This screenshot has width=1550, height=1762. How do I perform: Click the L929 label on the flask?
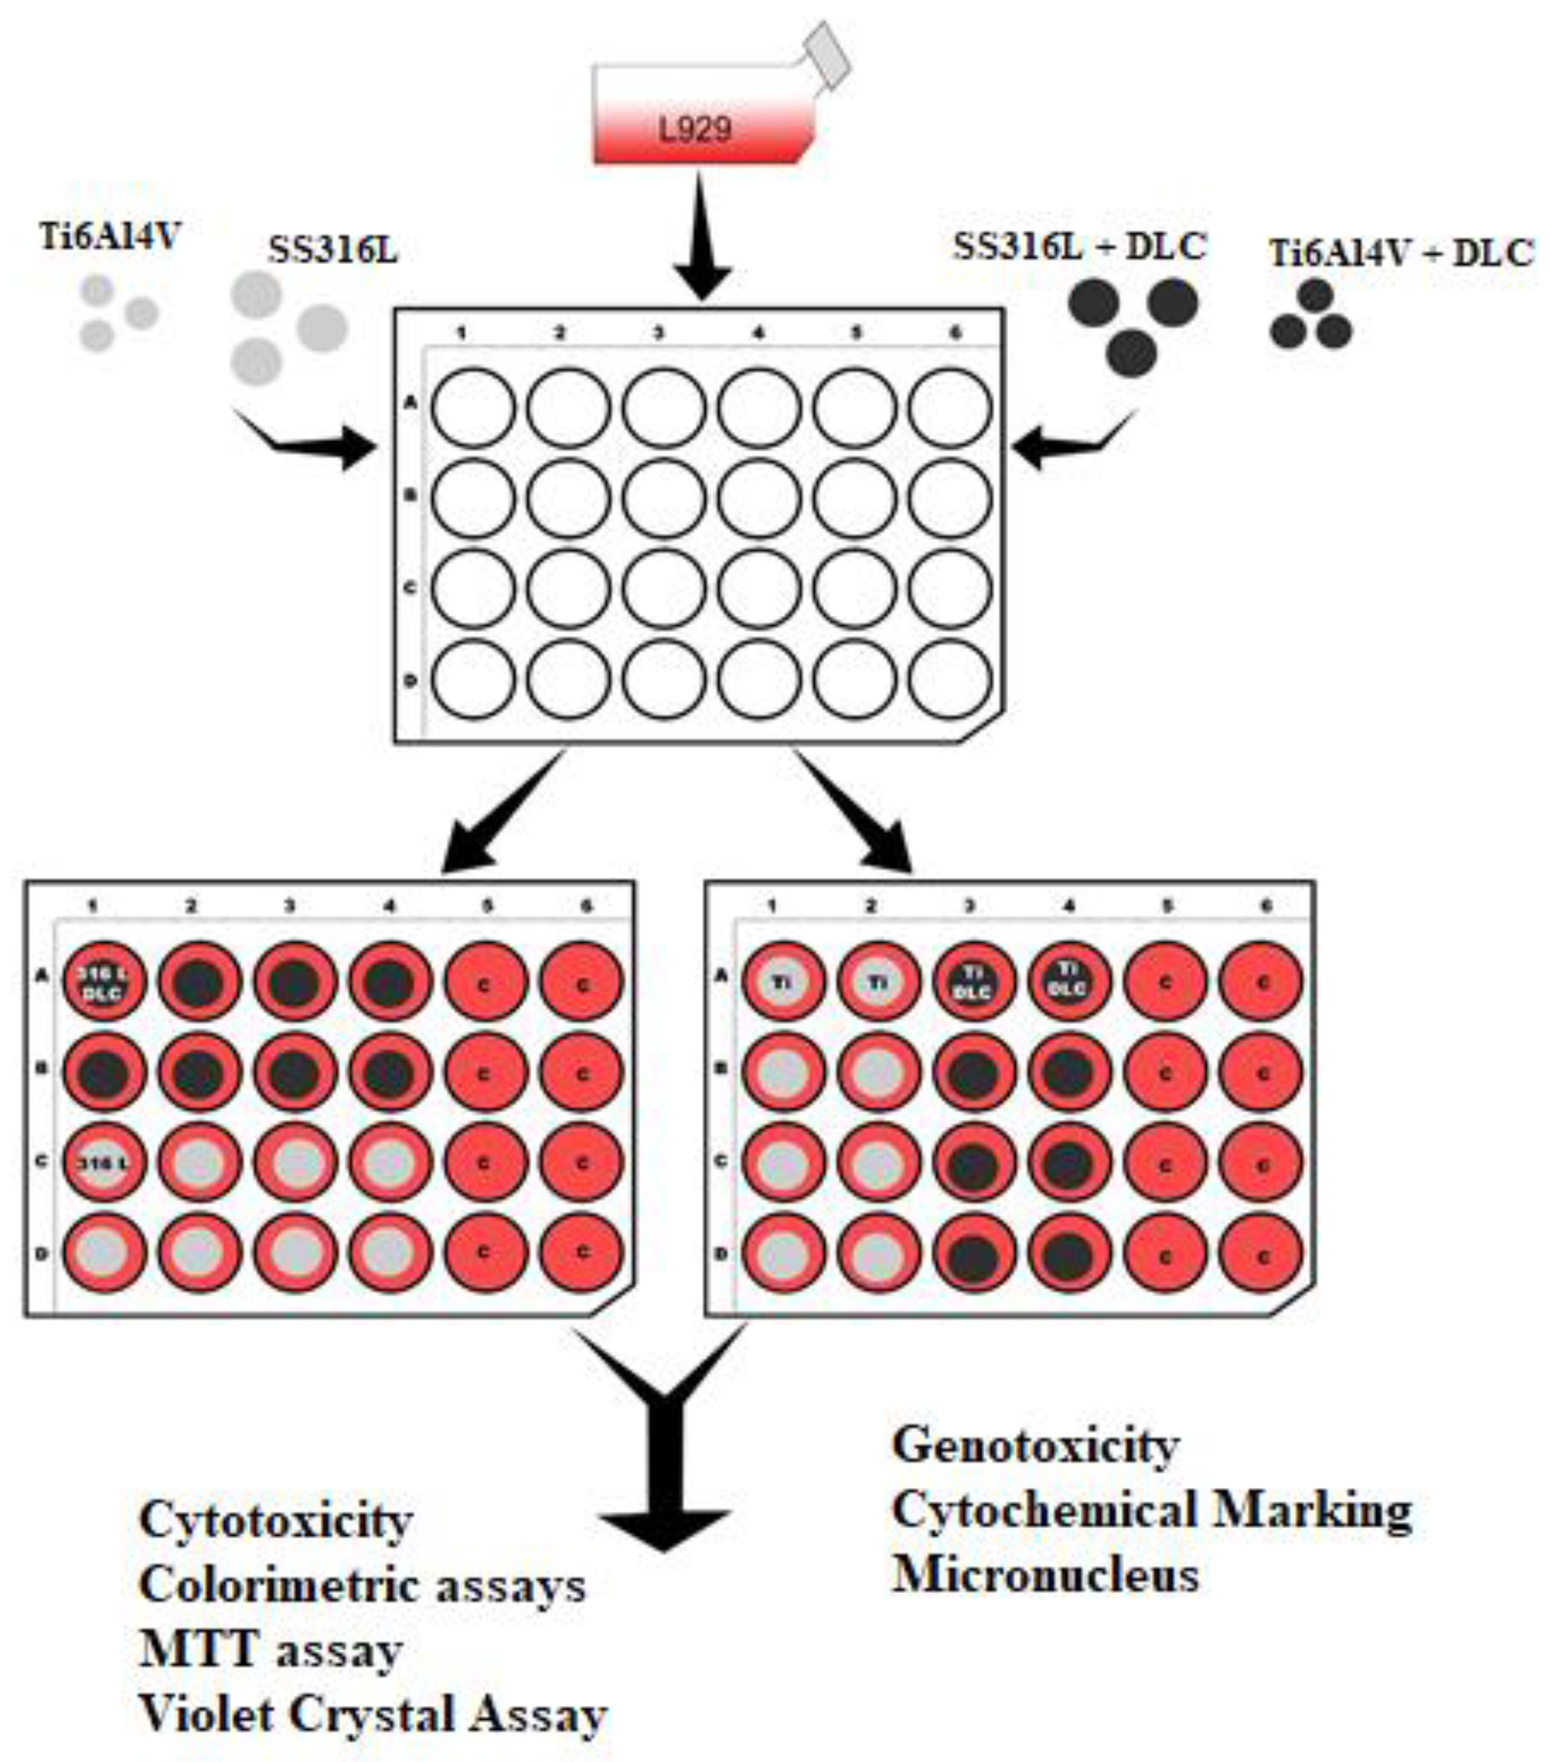click(x=695, y=130)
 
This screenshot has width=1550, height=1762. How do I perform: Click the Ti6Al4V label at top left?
click(x=111, y=234)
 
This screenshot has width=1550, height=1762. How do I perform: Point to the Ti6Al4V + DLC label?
click(x=1401, y=253)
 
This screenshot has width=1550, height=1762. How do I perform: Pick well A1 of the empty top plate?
click(x=473, y=408)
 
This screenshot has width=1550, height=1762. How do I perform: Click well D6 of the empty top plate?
click(x=950, y=680)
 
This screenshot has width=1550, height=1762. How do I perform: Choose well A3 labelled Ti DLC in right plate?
click(x=973, y=982)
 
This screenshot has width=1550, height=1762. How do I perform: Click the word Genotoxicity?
click(x=1035, y=1445)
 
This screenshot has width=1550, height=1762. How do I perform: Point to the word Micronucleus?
click(x=1045, y=1575)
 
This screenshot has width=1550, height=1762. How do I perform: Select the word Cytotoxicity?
click(x=276, y=1520)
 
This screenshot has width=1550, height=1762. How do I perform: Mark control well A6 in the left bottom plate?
click(x=581, y=982)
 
